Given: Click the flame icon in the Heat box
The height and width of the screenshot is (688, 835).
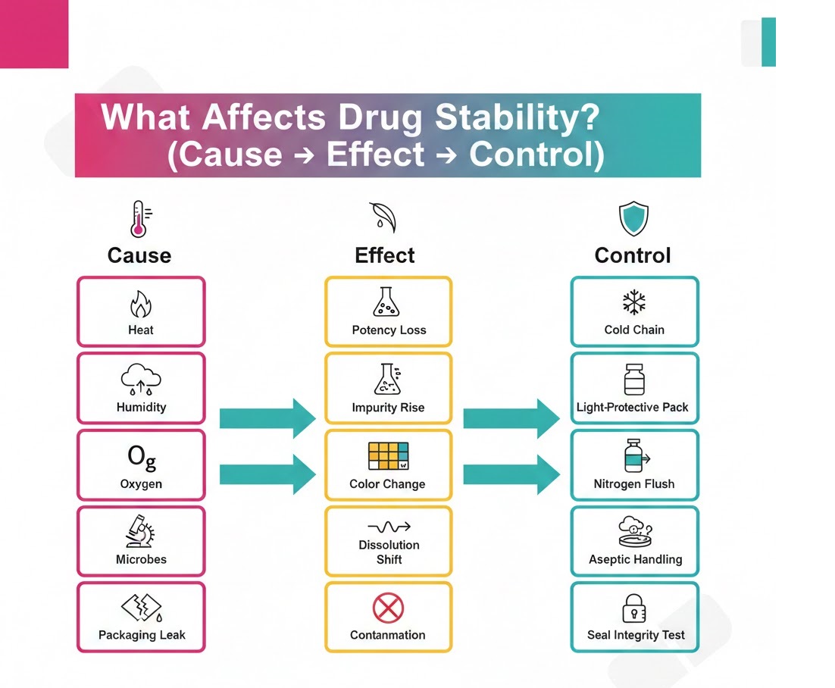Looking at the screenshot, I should [141, 305].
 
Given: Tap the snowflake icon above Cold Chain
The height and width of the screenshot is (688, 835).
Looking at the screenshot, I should [634, 303].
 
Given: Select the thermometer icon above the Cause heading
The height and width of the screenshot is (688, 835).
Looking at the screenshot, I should [138, 219].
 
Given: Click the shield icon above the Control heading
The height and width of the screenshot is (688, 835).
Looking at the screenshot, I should [633, 219].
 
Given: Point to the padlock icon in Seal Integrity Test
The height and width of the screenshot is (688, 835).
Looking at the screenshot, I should [634, 609].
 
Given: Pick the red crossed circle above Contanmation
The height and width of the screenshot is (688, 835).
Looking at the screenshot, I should [388, 608].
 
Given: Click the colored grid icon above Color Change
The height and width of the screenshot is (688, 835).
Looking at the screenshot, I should [388, 456].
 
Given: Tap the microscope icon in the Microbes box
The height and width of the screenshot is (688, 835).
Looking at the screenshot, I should [140, 532].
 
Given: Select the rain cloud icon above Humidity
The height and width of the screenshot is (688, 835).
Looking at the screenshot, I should [141, 380].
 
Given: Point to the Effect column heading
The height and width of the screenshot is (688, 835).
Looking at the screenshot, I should [385, 255].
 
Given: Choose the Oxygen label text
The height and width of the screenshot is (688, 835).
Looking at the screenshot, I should [141, 483].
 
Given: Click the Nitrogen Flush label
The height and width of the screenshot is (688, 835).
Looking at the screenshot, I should [634, 483].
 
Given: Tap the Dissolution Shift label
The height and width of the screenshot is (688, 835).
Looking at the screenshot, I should [389, 552].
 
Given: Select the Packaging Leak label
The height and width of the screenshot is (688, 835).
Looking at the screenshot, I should [142, 635].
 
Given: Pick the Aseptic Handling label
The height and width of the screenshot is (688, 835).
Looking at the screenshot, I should [635, 559].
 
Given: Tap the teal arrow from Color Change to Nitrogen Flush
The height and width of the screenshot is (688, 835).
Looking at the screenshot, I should [511, 474].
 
